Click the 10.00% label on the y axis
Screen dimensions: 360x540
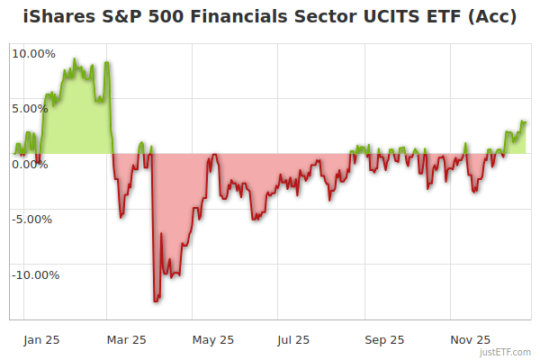pyautogui.click(x=33, y=53)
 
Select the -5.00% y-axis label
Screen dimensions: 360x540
pyautogui.click(x=32, y=219)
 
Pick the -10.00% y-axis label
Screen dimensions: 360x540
pyautogui.click(x=36, y=274)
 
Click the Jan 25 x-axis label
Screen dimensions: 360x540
pyautogui.click(x=41, y=340)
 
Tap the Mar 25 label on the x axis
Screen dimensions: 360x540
pyautogui.click(x=127, y=340)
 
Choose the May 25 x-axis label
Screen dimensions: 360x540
pyautogui.click(x=213, y=340)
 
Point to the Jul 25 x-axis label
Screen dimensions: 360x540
pyautogui.click(x=294, y=340)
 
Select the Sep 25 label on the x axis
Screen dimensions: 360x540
pyautogui.click(x=383, y=340)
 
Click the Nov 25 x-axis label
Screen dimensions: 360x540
pyautogui.click(x=469, y=340)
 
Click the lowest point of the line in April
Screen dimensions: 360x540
pyautogui.click(x=156, y=301)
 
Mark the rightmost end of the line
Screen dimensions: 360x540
pyautogui.click(x=526, y=121)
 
